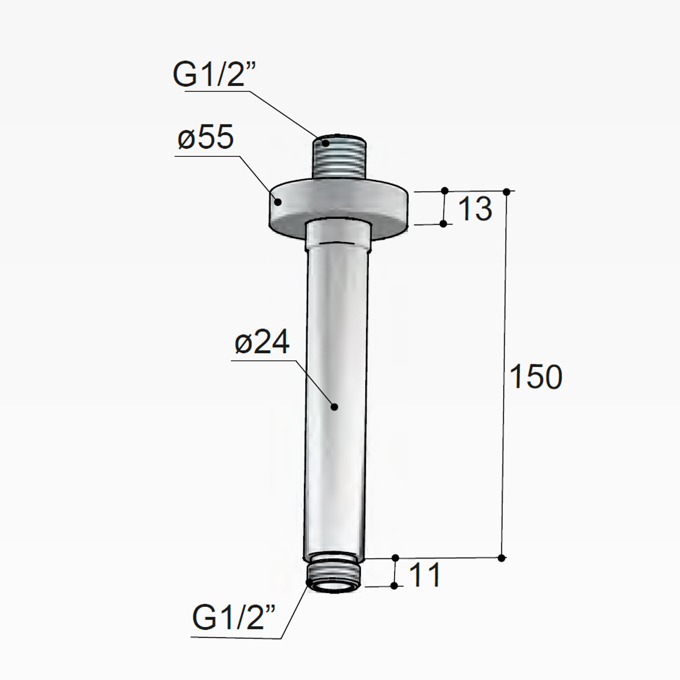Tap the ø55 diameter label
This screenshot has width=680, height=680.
[206, 136]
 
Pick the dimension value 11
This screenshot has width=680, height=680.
[424, 575]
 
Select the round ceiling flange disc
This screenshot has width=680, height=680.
[340, 209]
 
